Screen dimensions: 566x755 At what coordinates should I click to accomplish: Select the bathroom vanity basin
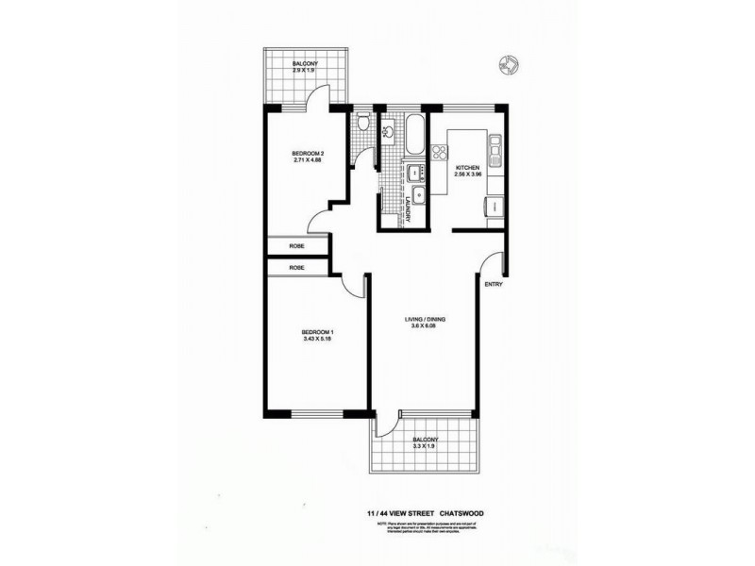[387, 132]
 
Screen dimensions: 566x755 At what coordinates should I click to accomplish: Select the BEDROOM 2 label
[308, 154]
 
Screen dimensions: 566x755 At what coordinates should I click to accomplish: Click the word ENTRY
[493, 284]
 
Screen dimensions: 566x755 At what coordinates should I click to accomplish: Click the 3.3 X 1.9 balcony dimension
[425, 448]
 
